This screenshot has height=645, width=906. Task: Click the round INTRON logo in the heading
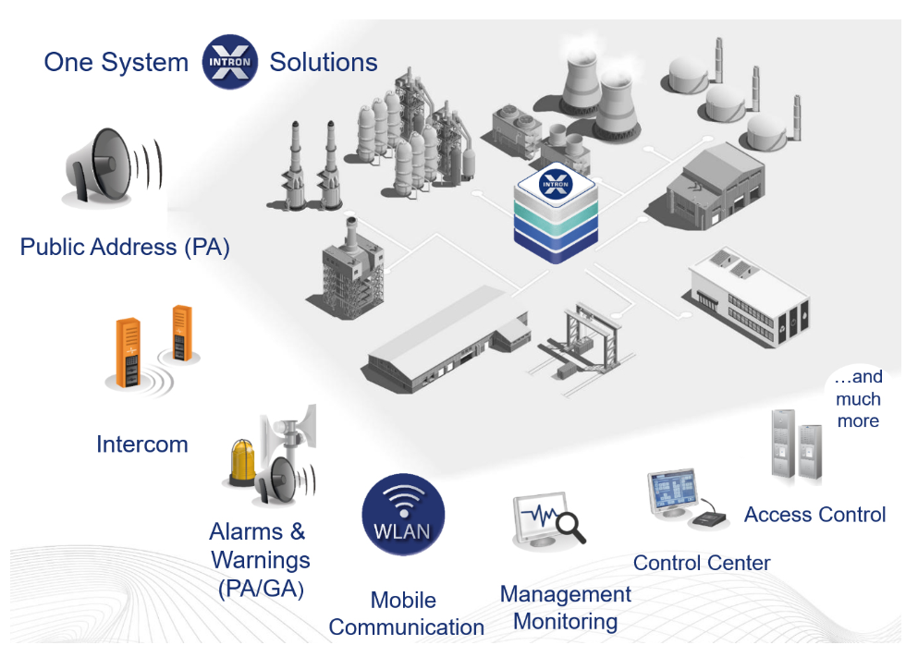[x=228, y=61]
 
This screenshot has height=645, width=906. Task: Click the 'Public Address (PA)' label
[x=125, y=248]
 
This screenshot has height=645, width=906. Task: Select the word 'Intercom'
[x=142, y=444]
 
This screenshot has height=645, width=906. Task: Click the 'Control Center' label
[x=702, y=563]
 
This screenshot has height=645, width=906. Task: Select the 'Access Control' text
[x=814, y=515]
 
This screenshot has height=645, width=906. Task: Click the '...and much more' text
[x=858, y=399]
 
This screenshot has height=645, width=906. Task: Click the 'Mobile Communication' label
[x=406, y=615]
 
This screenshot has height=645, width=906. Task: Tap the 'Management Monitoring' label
[x=565, y=607]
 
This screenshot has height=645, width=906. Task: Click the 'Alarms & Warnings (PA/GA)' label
[x=260, y=560]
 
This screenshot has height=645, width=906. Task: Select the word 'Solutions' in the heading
[x=324, y=62]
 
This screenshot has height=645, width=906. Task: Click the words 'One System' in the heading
[x=116, y=62]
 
